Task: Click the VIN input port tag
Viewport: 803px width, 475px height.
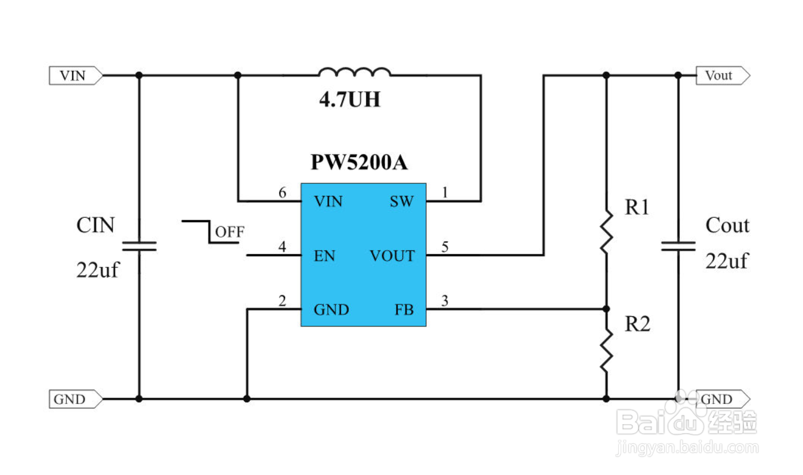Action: click(x=76, y=76)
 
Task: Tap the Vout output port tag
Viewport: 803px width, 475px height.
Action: click(x=723, y=76)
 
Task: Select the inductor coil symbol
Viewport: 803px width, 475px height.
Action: click(x=355, y=72)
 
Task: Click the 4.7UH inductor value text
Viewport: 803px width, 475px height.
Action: click(x=350, y=100)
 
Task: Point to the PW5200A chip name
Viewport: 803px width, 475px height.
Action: click(x=359, y=162)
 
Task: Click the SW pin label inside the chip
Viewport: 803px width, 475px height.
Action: click(x=402, y=202)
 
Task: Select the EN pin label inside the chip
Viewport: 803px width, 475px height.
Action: click(x=324, y=256)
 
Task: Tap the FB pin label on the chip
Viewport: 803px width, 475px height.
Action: click(x=404, y=310)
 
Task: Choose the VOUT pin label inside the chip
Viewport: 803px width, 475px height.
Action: click(x=392, y=256)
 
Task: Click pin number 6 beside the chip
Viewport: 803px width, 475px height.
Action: click(x=283, y=193)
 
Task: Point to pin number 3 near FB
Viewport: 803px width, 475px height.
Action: click(x=445, y=301)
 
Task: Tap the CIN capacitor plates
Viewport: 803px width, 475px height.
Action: click(x=139, y=246)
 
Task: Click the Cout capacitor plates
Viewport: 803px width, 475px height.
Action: click(x=678, y=246)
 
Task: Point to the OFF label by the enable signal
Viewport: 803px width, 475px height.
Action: click(x=230, y=232)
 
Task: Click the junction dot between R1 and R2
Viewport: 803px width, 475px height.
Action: click(x=606, y=309)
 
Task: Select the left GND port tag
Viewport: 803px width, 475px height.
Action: click(x=76, y=399)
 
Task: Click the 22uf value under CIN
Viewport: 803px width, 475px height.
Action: click(x=98, y=270)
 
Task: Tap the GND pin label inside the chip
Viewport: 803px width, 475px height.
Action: click(x=331, y=310)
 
